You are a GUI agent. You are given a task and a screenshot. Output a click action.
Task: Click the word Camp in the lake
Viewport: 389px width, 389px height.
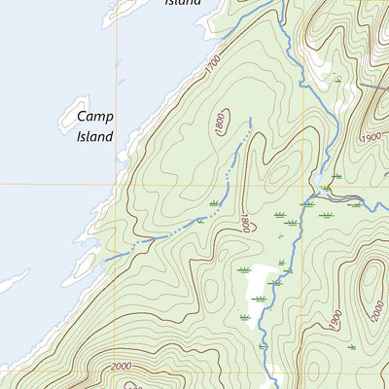point(94,117)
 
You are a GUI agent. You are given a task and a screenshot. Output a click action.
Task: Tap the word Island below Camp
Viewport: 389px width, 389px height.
point(94,136)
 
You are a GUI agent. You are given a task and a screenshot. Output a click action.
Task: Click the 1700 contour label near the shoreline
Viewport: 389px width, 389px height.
point(213,66)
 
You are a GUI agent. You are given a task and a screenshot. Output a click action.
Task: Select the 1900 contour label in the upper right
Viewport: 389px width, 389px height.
point(371,137)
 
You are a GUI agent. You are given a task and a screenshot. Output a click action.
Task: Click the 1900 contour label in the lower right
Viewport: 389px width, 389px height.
point(334,319)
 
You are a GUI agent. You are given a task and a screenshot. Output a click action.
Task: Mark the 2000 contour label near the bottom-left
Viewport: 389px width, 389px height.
point(122,366)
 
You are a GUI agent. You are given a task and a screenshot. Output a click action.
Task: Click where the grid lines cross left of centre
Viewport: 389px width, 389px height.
point(118,184)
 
